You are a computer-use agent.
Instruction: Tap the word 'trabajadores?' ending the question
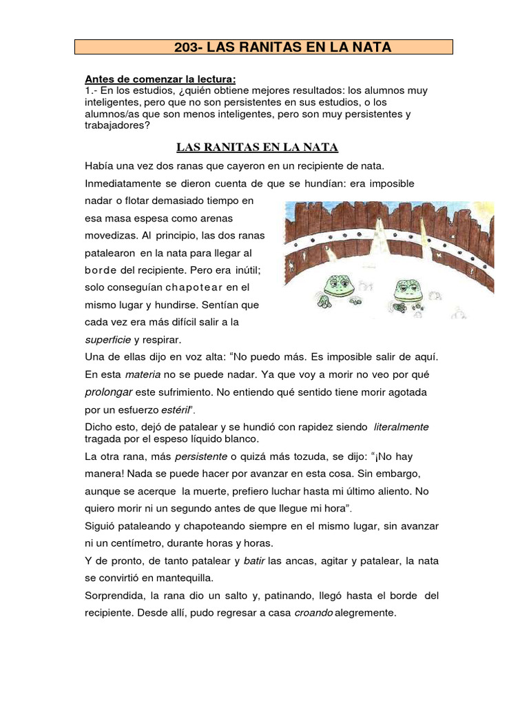tap(117, 125)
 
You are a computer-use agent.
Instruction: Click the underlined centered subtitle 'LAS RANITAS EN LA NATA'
tap(258, 147)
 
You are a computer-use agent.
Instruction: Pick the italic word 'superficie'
tap(107, 340)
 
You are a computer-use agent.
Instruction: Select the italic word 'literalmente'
tap(401, 427)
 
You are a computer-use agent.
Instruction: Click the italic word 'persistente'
tap(200, 456)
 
